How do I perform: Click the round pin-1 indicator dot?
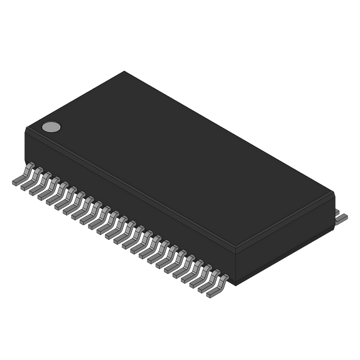click(x=51, y=127)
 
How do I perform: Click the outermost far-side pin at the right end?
click(x=343, y=215)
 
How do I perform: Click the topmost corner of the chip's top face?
click(x=124, y=70)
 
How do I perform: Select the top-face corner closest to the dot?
click(x=25, y=129)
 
